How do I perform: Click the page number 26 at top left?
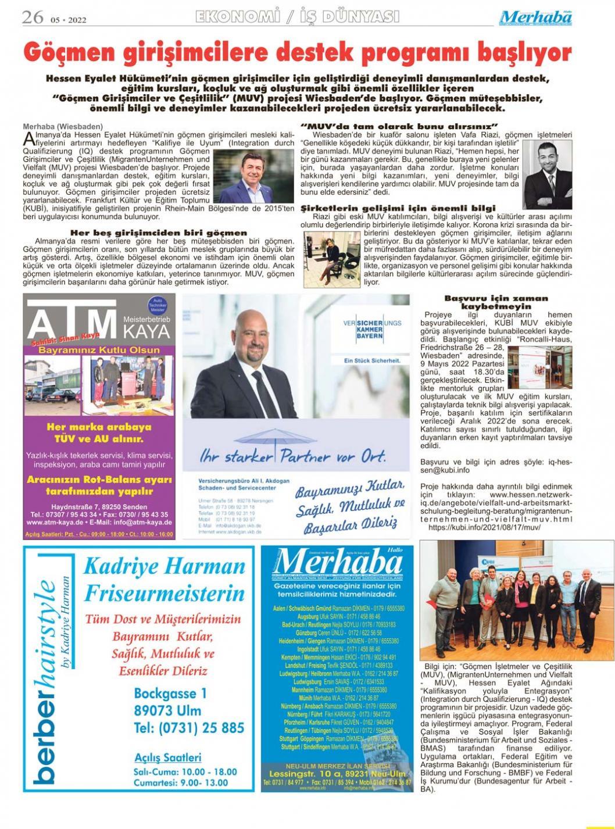pos(33,17)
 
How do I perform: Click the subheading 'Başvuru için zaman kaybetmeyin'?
pos(495,302)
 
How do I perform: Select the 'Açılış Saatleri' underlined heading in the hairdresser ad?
pos(167,757)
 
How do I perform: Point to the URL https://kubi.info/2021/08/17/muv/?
pos(484,527)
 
